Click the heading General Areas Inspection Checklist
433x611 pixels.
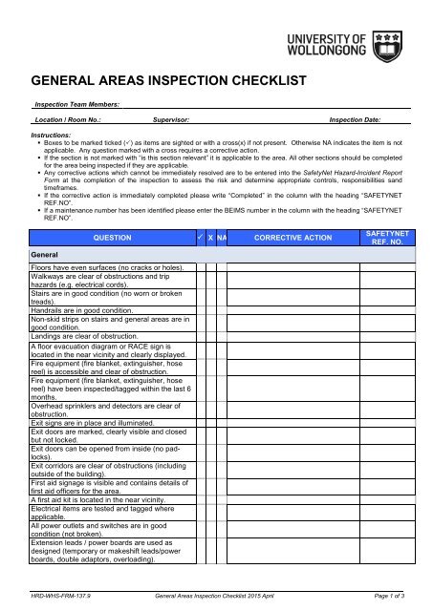(165, 82)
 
